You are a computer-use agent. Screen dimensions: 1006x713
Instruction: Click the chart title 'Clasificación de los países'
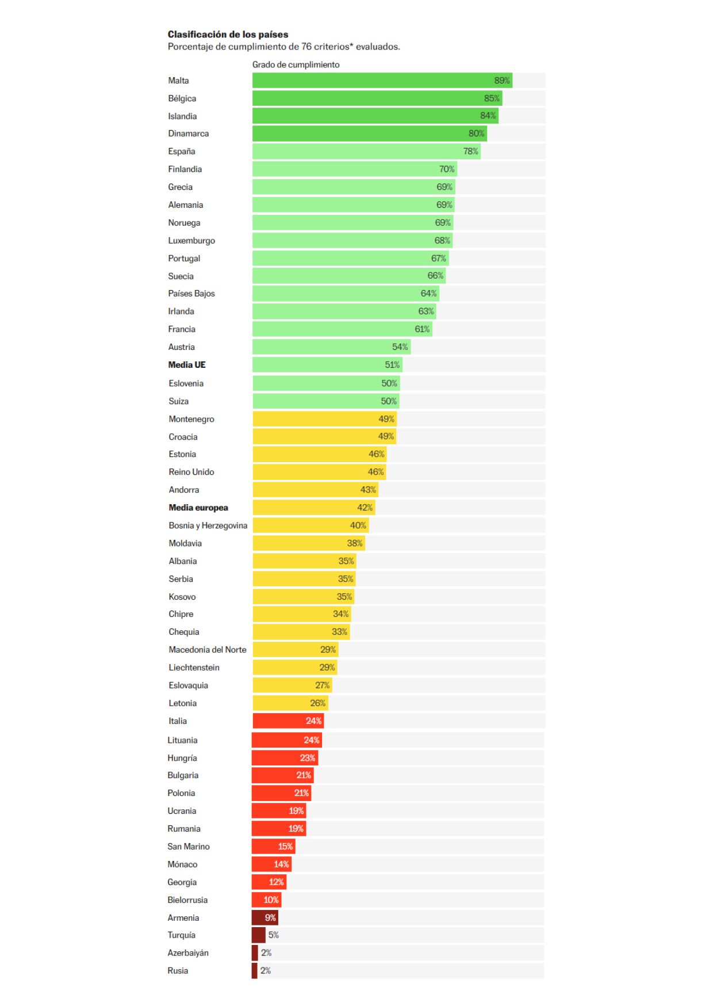click(x=228, y=35)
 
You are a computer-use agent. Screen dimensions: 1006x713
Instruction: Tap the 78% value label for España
click(x=470, y=151)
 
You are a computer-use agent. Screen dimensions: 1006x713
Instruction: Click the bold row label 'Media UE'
click(x=186, y=365)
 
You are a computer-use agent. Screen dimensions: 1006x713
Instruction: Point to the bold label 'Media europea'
click(x=198, y=508)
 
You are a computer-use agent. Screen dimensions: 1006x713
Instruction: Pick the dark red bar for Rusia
click(x=254, y=970)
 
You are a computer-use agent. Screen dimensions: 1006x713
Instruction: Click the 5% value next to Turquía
click(x=273, y=935)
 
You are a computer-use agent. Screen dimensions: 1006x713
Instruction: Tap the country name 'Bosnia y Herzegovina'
click(x=208, y=525)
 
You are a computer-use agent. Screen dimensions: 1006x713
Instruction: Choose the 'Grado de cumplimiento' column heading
click(x=296, y=64)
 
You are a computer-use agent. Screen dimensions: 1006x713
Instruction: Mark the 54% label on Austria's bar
click(x=400, y=347)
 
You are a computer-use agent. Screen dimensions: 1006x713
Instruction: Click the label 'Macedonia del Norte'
click(x=207, y=650)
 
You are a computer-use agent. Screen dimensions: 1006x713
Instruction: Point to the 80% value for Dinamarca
click(x=476, y=134)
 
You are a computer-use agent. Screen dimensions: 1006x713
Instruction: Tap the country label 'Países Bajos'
click(x=191, y=294)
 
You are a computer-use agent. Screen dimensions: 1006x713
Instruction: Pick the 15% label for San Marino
click(x=285, y=846)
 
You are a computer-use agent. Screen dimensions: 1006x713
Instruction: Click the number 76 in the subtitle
click(x=306, y=47)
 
